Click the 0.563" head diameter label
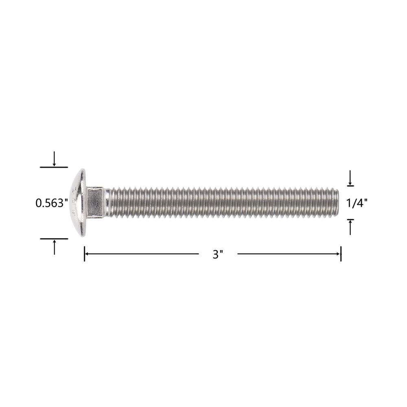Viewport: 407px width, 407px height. coord(52,203)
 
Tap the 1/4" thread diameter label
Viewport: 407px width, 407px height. coord(357,203)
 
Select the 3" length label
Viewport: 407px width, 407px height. coord(218,254)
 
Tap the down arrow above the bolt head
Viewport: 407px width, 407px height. coord(54,159)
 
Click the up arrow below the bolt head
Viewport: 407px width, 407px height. coord(54,247)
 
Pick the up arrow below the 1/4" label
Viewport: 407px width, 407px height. coord(350,228)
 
